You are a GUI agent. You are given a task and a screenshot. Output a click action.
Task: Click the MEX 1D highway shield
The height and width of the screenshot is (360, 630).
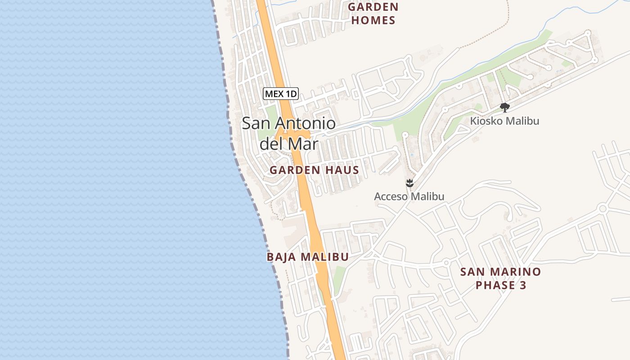(281, 94)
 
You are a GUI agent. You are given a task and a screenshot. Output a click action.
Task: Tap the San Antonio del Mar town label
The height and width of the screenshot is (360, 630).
(289, 134)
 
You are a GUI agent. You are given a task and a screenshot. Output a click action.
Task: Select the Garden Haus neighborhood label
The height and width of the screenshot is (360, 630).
(314, 170)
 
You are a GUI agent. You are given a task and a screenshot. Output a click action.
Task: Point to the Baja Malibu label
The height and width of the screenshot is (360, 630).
(307, 257)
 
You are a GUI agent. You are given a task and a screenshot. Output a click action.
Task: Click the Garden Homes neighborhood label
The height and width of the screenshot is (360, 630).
(373, 13)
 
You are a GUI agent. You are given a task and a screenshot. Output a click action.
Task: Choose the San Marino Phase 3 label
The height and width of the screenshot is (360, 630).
(500, 279)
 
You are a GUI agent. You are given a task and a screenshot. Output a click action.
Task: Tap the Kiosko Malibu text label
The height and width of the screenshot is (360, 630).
(504, 121)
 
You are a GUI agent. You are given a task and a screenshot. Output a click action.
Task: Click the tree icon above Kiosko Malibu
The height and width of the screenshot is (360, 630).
(505, 107)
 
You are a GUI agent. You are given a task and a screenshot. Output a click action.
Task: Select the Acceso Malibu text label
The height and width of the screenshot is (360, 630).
(409, 197)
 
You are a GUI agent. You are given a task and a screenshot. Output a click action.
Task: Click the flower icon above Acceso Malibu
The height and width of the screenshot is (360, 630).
(409, 183)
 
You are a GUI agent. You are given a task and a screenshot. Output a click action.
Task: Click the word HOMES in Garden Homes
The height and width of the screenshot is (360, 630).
(373, 20)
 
